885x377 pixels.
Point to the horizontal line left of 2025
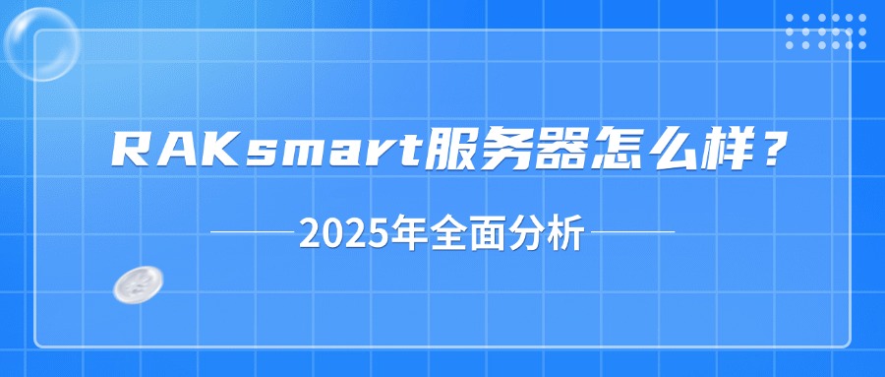253,233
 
